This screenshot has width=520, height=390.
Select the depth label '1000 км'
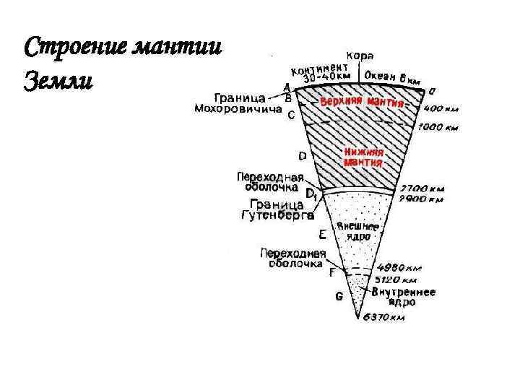tap(438, 128)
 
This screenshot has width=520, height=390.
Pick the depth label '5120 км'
tap(394, 279)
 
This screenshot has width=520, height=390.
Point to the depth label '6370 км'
tap(383, 318)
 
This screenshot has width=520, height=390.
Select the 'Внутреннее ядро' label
tap(403, 297)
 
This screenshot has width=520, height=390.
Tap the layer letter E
tap(322, 235)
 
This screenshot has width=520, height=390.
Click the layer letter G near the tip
tap(339, 296)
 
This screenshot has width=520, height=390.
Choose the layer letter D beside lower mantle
tap(302, 156)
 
